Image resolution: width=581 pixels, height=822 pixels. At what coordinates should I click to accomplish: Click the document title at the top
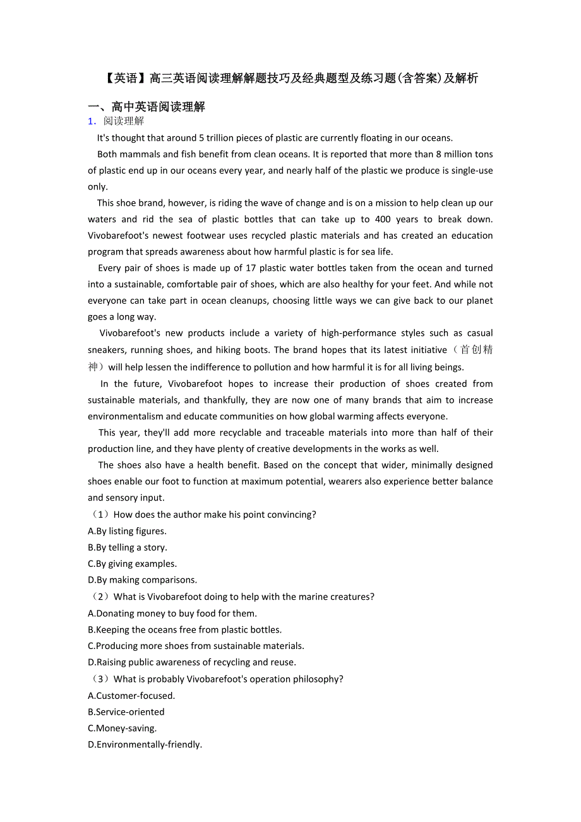click(290, 78)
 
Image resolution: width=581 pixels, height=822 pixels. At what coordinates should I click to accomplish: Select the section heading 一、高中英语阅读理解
click(147, 107)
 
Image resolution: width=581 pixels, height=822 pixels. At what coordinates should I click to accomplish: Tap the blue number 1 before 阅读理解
click(92, 121)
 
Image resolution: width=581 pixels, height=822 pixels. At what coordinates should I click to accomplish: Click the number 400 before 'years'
click(383, 219)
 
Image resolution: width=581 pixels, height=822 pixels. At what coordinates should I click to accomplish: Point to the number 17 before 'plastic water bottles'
click(250, 268)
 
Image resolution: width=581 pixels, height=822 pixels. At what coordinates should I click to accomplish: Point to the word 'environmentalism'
click(125, 416)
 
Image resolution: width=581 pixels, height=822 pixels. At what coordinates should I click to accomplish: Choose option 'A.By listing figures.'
click(127, 531)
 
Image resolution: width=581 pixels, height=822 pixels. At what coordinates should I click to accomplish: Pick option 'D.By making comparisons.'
click(142, 580)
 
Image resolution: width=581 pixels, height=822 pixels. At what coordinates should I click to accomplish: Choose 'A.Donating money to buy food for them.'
click(172, 613)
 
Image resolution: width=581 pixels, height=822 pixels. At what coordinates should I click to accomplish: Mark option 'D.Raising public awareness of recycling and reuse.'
click(191, 662)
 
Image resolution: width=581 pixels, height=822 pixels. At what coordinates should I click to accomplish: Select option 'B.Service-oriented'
click(126, 712)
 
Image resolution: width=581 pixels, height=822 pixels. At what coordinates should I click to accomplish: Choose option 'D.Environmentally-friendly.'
click(145, 744)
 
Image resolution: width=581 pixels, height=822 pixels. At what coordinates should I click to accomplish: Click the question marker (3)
click(100, 679)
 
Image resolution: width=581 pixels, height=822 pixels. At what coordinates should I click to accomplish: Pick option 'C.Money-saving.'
click(122, 728)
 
